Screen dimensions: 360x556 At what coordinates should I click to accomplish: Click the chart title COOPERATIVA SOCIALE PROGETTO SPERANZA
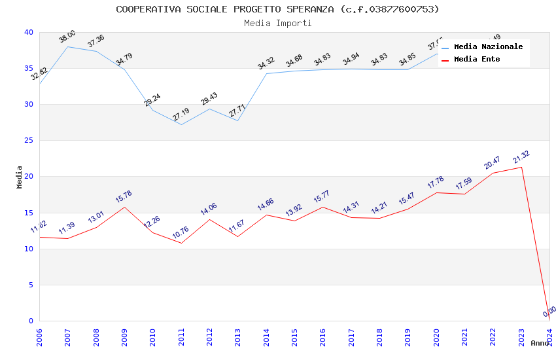(x=277, y=9)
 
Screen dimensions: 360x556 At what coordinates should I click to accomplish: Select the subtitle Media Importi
(x=277, y=23)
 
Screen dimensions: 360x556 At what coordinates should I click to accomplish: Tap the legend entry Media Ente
(x=477, y=60)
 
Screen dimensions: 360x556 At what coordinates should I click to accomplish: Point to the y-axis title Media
(x=20, y=177)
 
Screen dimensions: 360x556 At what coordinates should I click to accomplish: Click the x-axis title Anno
(x=540, y=343)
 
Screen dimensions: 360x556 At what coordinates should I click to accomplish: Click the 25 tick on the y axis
(x=29, y=141)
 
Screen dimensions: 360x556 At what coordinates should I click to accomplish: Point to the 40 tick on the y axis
(x=29, y=33)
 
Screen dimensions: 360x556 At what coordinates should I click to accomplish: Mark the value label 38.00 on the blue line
(x=67, y=37)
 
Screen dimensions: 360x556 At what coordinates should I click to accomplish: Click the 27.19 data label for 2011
(x=181, y=115)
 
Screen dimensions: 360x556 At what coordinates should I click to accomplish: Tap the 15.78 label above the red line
(x=124, y=197)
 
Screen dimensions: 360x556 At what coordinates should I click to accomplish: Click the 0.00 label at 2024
(x=549, y=312)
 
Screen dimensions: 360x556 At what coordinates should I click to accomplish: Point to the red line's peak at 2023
(x=521, y=167)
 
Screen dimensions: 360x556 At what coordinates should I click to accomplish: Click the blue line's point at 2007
(x=67, y=46)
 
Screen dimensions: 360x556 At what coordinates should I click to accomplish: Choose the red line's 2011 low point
(x=181, y=243)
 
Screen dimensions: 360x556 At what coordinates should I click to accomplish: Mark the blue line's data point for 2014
(x=266, y=73)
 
